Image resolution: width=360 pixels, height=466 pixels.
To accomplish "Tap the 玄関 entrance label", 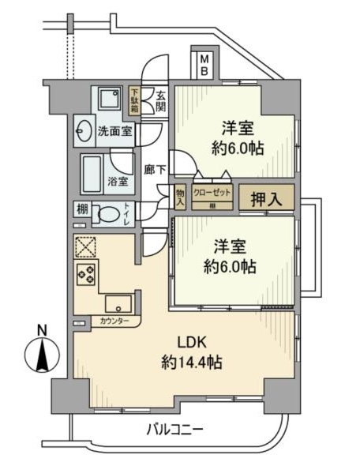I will (x=159, y=100).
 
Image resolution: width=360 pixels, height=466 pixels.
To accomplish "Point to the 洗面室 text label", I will (x=114, y=131).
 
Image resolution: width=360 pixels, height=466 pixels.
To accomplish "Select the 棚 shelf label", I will (x=83, y=209).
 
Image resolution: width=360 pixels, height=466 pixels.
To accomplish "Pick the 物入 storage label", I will (x=179, y=197).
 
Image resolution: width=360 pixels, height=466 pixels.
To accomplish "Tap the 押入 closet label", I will (x=266, y=197).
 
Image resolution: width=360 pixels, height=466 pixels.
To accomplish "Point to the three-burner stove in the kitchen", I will (x=85, y=274).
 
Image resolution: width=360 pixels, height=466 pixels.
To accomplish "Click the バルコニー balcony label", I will (x=176, y=430).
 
